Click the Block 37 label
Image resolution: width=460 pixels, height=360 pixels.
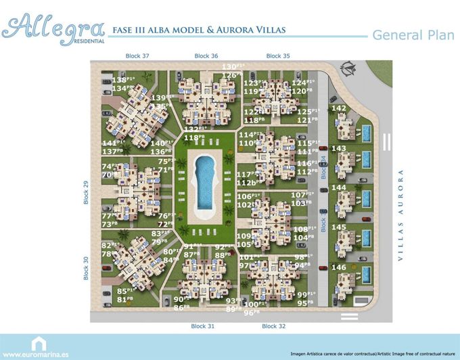click(x=137, y=55)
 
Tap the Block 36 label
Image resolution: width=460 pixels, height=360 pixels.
click(x=206, y=55)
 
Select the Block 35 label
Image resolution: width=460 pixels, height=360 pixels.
click(x=278, y=55)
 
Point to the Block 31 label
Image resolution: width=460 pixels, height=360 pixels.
click(x=202, y=326)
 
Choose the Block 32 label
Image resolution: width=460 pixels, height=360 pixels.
click(x=273, y=326)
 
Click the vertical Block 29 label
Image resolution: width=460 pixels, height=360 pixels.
click(x=86, y=192)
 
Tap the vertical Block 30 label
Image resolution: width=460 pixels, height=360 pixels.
click(x=86, y=268)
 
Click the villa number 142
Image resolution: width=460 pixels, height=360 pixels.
click(x=340, y=108)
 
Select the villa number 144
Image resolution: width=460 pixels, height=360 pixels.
click(x=340, y=187)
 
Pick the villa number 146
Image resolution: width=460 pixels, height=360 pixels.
click(x=340, y=267)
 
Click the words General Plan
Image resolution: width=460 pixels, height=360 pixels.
click(x=413, y=35)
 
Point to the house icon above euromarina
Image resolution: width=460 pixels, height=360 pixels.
click(x=38, y=343)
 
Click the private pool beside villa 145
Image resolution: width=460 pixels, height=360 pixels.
click(x=366, y=240)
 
